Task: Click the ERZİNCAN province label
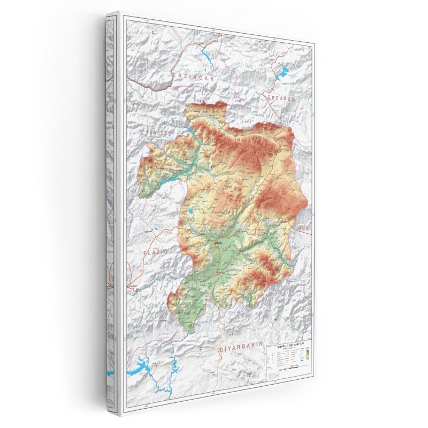(193, 77)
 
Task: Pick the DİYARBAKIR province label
(241, 349)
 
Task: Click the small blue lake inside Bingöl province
(190, 217)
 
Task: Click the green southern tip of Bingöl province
(187, 322)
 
